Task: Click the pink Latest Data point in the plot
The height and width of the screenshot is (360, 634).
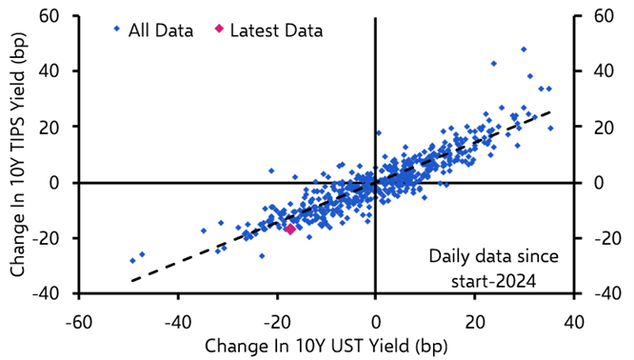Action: pyautogui.click(x=289, y=229)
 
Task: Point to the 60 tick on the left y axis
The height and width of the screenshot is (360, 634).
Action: pyautogui.click(x=47, y=15)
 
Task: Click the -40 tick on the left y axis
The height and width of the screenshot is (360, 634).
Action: pyautogui.click(x=43, y=294)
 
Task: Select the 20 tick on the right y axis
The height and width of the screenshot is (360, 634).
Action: pyautogui.click(x=601, y=127)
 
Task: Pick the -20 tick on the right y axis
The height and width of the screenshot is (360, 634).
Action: pyautogui.click(x=604, y=238)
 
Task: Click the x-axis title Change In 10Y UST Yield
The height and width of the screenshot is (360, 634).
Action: pyautogui.click(x=324, y=342)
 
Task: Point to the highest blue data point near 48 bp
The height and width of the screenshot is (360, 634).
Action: pyautogui.click(x=523, y=49)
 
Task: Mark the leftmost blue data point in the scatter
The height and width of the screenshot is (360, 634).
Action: pyautogui.click(x=132, y=260)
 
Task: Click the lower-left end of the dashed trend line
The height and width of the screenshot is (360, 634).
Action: pyautogui.click(x=131, y=281)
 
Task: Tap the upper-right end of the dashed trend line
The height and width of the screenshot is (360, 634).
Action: pyautogui.click(x=550, y=111)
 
